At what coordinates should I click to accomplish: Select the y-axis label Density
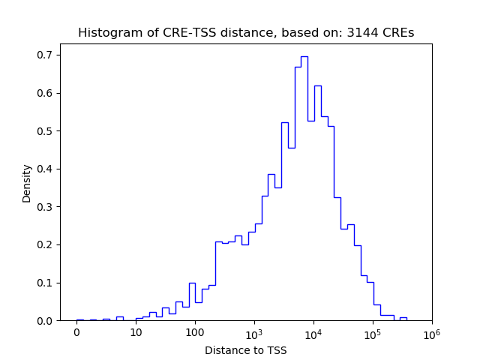(x=27, y=184)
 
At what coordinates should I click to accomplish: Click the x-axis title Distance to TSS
(x=246, y=350)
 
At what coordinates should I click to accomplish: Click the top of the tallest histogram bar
(x=304, y=56)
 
